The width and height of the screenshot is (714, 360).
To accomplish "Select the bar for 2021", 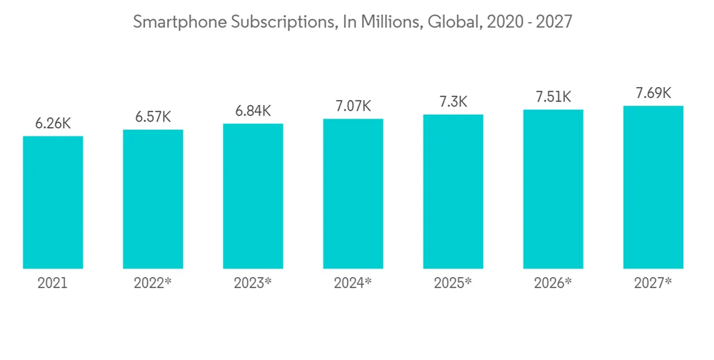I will [x=53, y=202].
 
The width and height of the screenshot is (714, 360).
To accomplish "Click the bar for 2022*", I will [x=153, y=199].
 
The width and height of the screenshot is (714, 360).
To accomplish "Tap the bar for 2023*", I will [x=253, y=196].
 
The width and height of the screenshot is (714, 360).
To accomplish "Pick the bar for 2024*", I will [x=353, y=194].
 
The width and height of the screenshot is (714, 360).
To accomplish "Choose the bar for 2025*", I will [x=453, y=191].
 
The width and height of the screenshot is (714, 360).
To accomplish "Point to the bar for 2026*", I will [x=553, y=189].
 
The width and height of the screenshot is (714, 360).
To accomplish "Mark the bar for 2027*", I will [x=653, y=187].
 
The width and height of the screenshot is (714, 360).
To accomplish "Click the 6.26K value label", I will [x=53, y=123].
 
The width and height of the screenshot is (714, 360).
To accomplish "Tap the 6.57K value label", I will [x=153, y=116].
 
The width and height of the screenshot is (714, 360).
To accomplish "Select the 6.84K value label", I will [x=253, y=111].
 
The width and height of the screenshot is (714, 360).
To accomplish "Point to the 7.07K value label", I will [x=353, y=106].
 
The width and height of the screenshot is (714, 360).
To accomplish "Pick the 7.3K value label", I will [x=453, y=101].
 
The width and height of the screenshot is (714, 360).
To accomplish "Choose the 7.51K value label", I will [x=553, y=97].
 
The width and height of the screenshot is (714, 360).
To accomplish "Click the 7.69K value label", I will [x=653, y=93].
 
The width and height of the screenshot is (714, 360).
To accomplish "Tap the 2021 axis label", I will [x=53, y=283].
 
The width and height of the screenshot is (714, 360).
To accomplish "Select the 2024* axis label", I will [x=353, y=283].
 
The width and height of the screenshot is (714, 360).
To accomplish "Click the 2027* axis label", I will [x=653, y=283].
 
